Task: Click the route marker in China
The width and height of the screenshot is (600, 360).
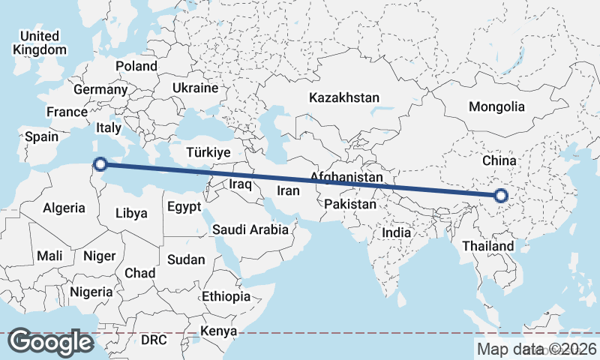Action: [502, 197]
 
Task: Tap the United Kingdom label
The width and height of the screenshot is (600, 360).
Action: [40, 43]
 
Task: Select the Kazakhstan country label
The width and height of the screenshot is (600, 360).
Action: [345, 97]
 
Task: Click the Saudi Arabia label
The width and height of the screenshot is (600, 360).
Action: [250, 229]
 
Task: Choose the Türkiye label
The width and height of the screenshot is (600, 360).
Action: [207, 152]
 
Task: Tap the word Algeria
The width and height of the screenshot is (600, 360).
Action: [63, 208]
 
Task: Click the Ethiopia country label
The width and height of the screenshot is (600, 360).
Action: [226, 296]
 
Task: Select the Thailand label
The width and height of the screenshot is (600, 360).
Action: [488, 246]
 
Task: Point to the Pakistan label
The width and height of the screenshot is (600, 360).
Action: [351, 204]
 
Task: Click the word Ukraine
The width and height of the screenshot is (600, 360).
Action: [195, 88]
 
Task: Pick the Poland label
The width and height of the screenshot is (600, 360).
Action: [136, 66]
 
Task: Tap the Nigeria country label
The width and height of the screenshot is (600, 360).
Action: [91, 291]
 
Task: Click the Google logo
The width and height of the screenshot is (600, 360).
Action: [50, 342]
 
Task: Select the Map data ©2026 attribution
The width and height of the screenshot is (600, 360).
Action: [537, 349]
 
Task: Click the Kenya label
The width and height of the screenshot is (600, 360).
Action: [219, 331]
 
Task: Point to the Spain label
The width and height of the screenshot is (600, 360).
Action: [41, 136]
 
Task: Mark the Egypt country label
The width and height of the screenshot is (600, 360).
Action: [184, 206]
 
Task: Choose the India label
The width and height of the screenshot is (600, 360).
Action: [396, 232]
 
